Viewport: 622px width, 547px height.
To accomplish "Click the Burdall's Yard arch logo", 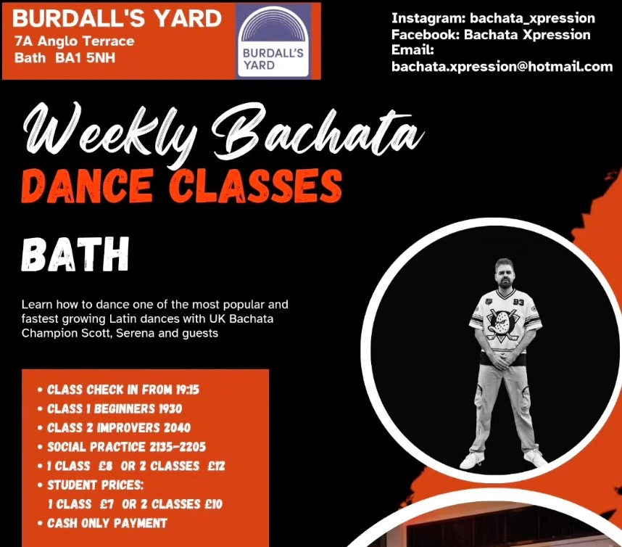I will coord(273,39).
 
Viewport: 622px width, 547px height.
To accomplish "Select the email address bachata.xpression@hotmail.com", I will coord(502,67).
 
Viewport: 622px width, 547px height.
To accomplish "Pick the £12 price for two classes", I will coord(215,466).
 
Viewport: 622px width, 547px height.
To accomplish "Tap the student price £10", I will coord(212,503).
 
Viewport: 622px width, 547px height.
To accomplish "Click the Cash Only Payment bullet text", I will coord(107,523).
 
